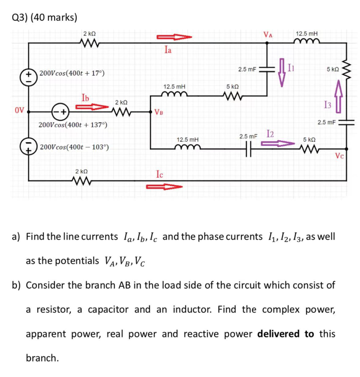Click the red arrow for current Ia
pos(173,36)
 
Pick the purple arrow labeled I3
pos(338,96)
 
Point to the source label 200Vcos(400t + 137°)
pos(73,125)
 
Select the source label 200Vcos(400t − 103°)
pos(75,147)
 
